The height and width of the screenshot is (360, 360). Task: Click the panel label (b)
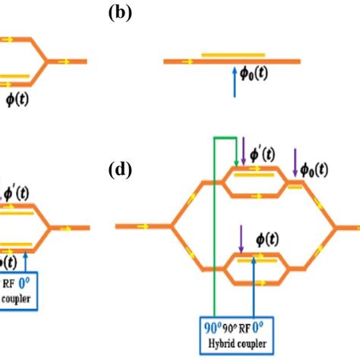click(119, 14)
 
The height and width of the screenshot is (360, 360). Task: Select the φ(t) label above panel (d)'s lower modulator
click(265, 238)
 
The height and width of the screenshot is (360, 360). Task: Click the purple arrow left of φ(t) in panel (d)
click(241, 236)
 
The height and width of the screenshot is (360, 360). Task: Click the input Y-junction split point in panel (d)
click(174, 226)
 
